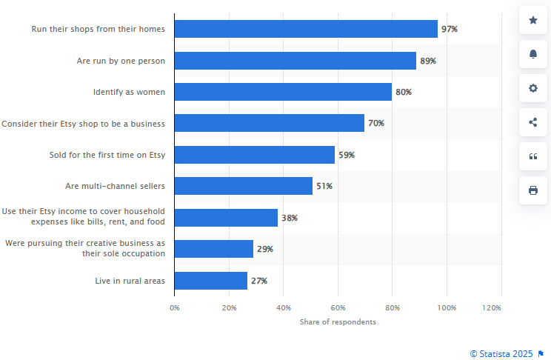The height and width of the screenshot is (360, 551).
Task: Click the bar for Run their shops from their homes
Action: (306, 29)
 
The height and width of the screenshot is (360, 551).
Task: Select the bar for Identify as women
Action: (283, 92)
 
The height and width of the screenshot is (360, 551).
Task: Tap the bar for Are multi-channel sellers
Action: (244, 186)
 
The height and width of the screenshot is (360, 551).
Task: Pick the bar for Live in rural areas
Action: (211, 281)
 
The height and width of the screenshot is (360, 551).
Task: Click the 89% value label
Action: (428, 61)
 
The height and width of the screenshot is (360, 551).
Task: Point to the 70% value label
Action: (376, 123)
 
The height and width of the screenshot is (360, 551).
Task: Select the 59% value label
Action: (347, 155)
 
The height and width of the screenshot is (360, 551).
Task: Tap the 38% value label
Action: (290, 218)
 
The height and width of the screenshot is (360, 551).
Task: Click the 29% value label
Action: (265, 249)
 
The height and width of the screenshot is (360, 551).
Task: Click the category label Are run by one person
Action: (121, 61)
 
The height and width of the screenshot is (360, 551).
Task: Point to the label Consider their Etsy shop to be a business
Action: (83, 124)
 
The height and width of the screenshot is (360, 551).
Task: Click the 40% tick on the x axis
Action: (284, 307)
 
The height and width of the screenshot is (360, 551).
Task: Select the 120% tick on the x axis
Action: (492, 307)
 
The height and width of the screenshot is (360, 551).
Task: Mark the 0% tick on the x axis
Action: (175, 307)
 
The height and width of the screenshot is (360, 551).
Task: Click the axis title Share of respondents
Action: (338, 322)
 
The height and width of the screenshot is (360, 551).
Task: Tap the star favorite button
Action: (533, 20)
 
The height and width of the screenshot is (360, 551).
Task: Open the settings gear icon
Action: (533, 88)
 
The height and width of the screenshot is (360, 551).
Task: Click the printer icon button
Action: (533, 190)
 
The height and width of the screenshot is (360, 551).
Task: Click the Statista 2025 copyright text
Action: (502, 354)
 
